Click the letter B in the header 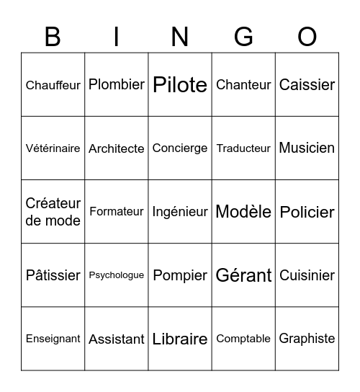point(53,36)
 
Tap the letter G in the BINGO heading point(243,36)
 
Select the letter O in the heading point(307,36)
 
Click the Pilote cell point(180,85)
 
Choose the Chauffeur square point(53,85)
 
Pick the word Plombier point(117,85)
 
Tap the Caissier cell point(307,85)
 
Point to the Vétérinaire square point(53,148)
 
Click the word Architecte point(117,148)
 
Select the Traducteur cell point(243,148)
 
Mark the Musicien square point(307,148)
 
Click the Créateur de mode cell point(53,212)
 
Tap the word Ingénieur point(180,212)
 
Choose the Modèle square point(243,212)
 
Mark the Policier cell point(307,212)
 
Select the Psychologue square point(117,275)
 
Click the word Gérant point(243,275)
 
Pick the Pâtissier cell point(53,275)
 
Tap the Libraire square point(180,339)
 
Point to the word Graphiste point(307,339)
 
